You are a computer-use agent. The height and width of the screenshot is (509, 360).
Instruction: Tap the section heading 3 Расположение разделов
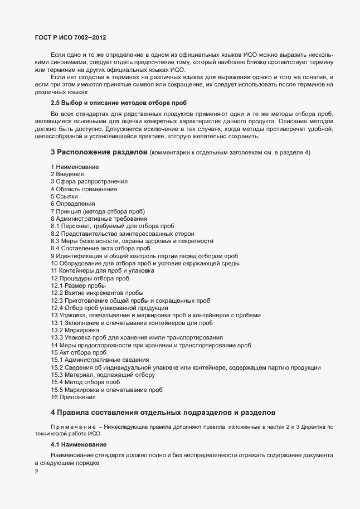(99, 152)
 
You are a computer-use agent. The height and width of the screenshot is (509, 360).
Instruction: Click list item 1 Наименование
(75, 167)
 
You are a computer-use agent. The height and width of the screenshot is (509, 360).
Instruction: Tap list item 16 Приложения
(73, 397)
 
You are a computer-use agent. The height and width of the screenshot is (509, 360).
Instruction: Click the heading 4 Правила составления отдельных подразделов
(162, 413)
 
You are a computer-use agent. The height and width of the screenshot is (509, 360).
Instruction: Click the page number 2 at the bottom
(36, 472)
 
